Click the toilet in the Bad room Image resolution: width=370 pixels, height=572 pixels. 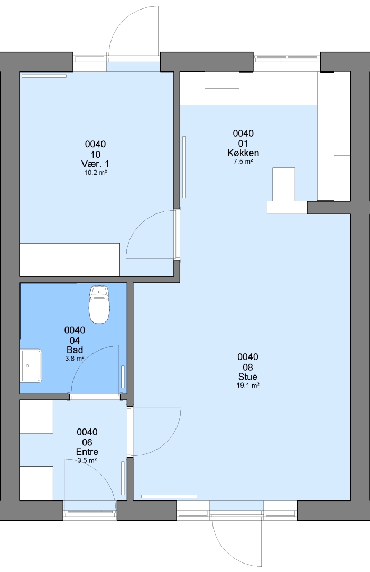[99, 305]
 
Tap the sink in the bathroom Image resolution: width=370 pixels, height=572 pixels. [31, 365]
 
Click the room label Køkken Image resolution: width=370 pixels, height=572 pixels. [243, 153]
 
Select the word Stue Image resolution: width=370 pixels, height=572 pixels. [248, 377]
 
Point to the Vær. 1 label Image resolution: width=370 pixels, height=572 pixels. [95, 164]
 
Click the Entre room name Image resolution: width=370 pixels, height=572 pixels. [87, 452]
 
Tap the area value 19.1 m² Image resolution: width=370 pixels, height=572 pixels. [248, 385]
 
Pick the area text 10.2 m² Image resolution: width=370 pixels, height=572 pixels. [96, 173]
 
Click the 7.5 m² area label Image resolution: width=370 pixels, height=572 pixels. [243, 162]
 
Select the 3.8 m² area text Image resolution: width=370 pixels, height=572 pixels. [75, 359]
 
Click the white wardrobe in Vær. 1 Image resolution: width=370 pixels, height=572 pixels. [70, 260]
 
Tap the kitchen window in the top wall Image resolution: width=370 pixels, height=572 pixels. [287, 57]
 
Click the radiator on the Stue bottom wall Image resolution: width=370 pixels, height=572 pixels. [169, 496]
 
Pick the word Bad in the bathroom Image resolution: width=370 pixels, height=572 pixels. [75, 350]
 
